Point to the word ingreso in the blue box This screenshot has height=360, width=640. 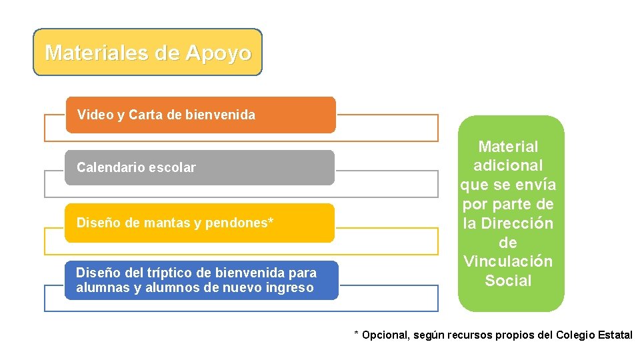pyautogui.click(x=287, y=287)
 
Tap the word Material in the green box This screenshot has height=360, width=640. pyautogui.click(x=508, y=146)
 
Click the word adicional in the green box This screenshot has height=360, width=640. pyautogui.click(x=508, y=165)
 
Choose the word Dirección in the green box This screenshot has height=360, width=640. pyautogui.click(x=517, y=223)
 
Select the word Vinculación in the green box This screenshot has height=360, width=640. pyautogui.click(x=508, y=261)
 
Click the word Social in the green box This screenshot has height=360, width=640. pyautogui.click(x=508, y=281)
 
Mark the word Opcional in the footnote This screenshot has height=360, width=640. pyautogui.click(x=385, y=335)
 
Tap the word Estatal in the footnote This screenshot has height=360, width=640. pyautogui.click(x=615, y=335)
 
